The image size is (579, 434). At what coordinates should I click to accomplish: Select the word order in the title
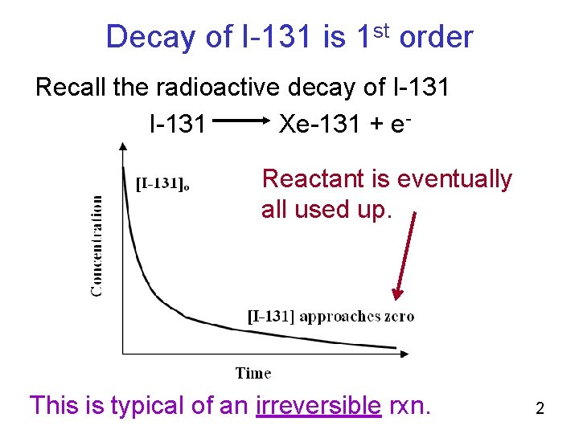436,37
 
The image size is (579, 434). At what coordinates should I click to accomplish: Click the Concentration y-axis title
96,245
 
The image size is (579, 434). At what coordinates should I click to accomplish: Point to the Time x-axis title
253,372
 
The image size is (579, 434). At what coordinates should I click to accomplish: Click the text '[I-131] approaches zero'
330,316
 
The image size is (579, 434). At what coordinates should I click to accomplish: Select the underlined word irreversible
318,404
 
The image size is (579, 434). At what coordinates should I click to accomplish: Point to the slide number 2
540,408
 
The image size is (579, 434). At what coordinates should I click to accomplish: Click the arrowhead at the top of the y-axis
122,147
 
